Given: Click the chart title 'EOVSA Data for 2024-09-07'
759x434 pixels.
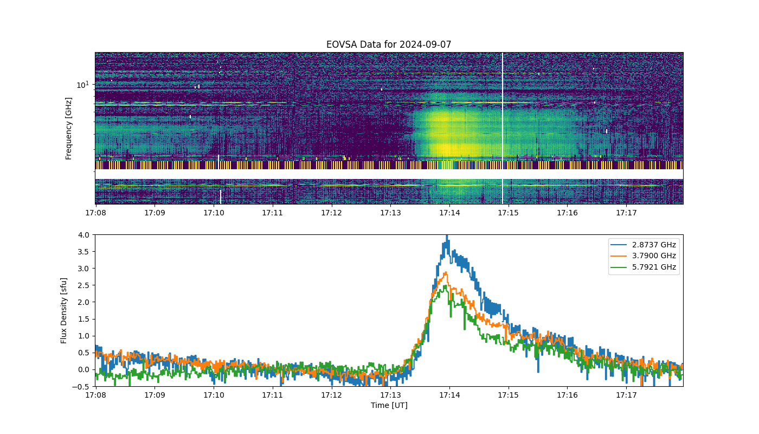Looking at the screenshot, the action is (389, 44).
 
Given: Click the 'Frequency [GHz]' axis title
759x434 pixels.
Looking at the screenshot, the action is (68, 129).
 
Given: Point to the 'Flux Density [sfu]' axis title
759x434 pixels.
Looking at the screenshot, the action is (64, 310).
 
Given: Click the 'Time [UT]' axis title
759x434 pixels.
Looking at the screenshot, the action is (389, 405).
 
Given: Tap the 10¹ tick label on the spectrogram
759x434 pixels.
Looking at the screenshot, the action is (82, 85).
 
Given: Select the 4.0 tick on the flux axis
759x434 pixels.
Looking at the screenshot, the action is (83, 234).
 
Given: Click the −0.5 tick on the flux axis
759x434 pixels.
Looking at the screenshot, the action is (81, 386).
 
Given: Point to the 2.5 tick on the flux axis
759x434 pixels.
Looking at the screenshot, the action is (83, 285).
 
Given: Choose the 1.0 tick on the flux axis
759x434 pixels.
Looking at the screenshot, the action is (83, 336).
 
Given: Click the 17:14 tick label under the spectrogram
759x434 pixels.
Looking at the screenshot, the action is (449, 213).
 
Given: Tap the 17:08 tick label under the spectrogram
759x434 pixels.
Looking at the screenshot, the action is (95, 213).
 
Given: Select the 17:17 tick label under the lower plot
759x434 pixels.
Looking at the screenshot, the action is (626, 395).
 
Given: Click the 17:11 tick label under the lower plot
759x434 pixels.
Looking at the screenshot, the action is (272, 395).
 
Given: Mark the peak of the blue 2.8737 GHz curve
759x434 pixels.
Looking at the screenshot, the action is (447, 235).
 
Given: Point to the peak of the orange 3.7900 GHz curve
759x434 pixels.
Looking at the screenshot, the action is (446, 272).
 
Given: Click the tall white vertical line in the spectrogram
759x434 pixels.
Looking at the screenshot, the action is (503, 128).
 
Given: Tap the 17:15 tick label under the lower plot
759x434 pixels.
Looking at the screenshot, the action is (509, 395).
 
